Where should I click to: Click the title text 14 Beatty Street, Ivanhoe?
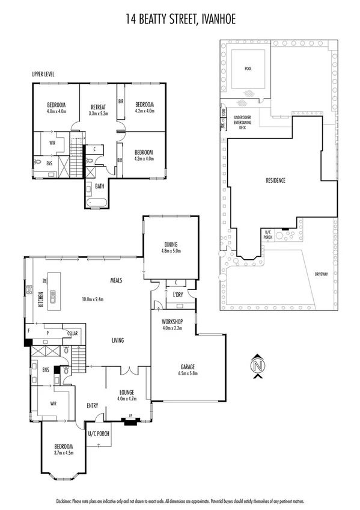[x=180, y=20]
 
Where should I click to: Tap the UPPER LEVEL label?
[x=44, y=74]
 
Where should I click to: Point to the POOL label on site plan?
[x=248, y=69]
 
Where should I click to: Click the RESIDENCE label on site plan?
[x=276, y=180]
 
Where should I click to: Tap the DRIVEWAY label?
[x=322, y=274]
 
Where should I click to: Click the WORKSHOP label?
[x=173, y=321]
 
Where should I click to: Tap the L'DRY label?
[x=178, y=295]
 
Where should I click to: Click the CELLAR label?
[x=73, y=333]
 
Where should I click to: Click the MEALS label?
[x=117, y=280]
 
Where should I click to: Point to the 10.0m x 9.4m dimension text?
[x=94, y=299]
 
